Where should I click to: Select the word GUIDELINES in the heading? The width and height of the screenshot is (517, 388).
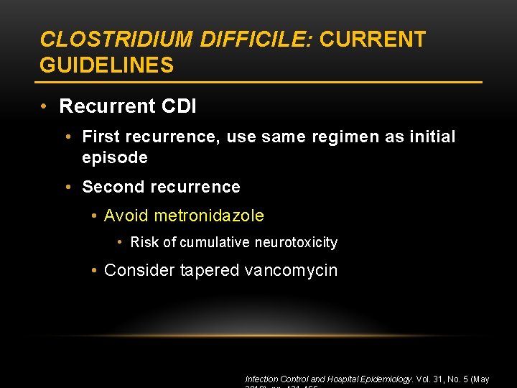[106, 65]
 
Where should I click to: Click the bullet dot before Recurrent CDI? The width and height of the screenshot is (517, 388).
[45, 106]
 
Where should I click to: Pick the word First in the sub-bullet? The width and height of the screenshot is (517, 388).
[101, 137]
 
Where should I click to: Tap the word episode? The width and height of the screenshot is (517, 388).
[115, 157]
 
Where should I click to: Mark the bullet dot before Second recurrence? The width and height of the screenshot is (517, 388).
[67, 187]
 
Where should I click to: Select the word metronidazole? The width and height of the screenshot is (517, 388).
[209, 216]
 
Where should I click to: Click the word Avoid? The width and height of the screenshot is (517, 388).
[126, 216]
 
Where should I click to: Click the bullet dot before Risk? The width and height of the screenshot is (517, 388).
[120, 243]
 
